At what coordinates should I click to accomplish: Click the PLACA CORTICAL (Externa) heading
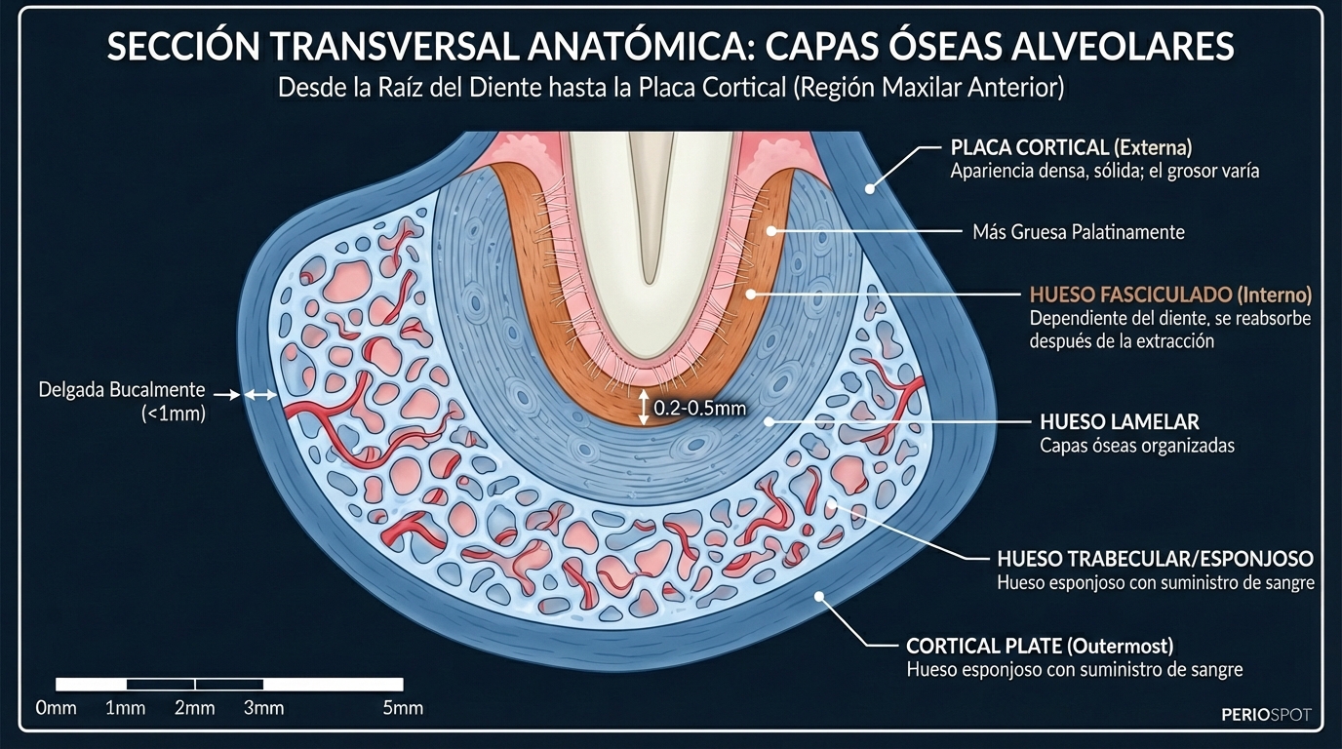[1071, 148]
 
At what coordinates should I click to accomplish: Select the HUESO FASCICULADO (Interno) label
[1170, 295]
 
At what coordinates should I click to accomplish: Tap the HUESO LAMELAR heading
[1120, 422]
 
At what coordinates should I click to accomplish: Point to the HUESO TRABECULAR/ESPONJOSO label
[1155, 559]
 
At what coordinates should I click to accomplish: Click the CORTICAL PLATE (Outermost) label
[1040, 646]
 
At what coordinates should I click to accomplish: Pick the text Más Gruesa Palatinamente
[1079, 232]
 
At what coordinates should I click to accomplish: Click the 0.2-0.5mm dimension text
[699, 409]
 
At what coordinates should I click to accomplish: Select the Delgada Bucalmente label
[122, 390]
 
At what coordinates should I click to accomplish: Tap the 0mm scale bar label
[56, 708]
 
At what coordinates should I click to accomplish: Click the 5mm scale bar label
[403, 708]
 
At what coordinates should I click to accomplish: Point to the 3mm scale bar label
[263, 708]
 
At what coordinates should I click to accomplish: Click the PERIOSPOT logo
[1266, 715]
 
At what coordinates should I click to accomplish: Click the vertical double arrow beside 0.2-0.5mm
[643, 408]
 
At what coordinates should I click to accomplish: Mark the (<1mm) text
[174, 414]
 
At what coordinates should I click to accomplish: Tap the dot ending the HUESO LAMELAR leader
[770, 422]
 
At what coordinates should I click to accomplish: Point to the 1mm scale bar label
[125, 708]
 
